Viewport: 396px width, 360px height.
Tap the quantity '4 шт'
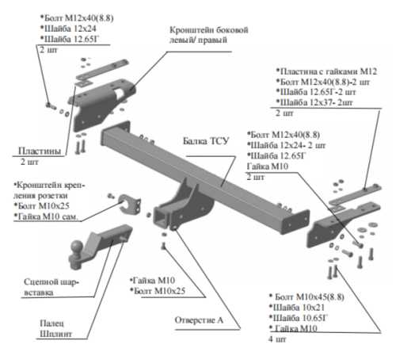point(278,339)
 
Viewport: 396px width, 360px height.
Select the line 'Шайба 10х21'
point(297,305)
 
